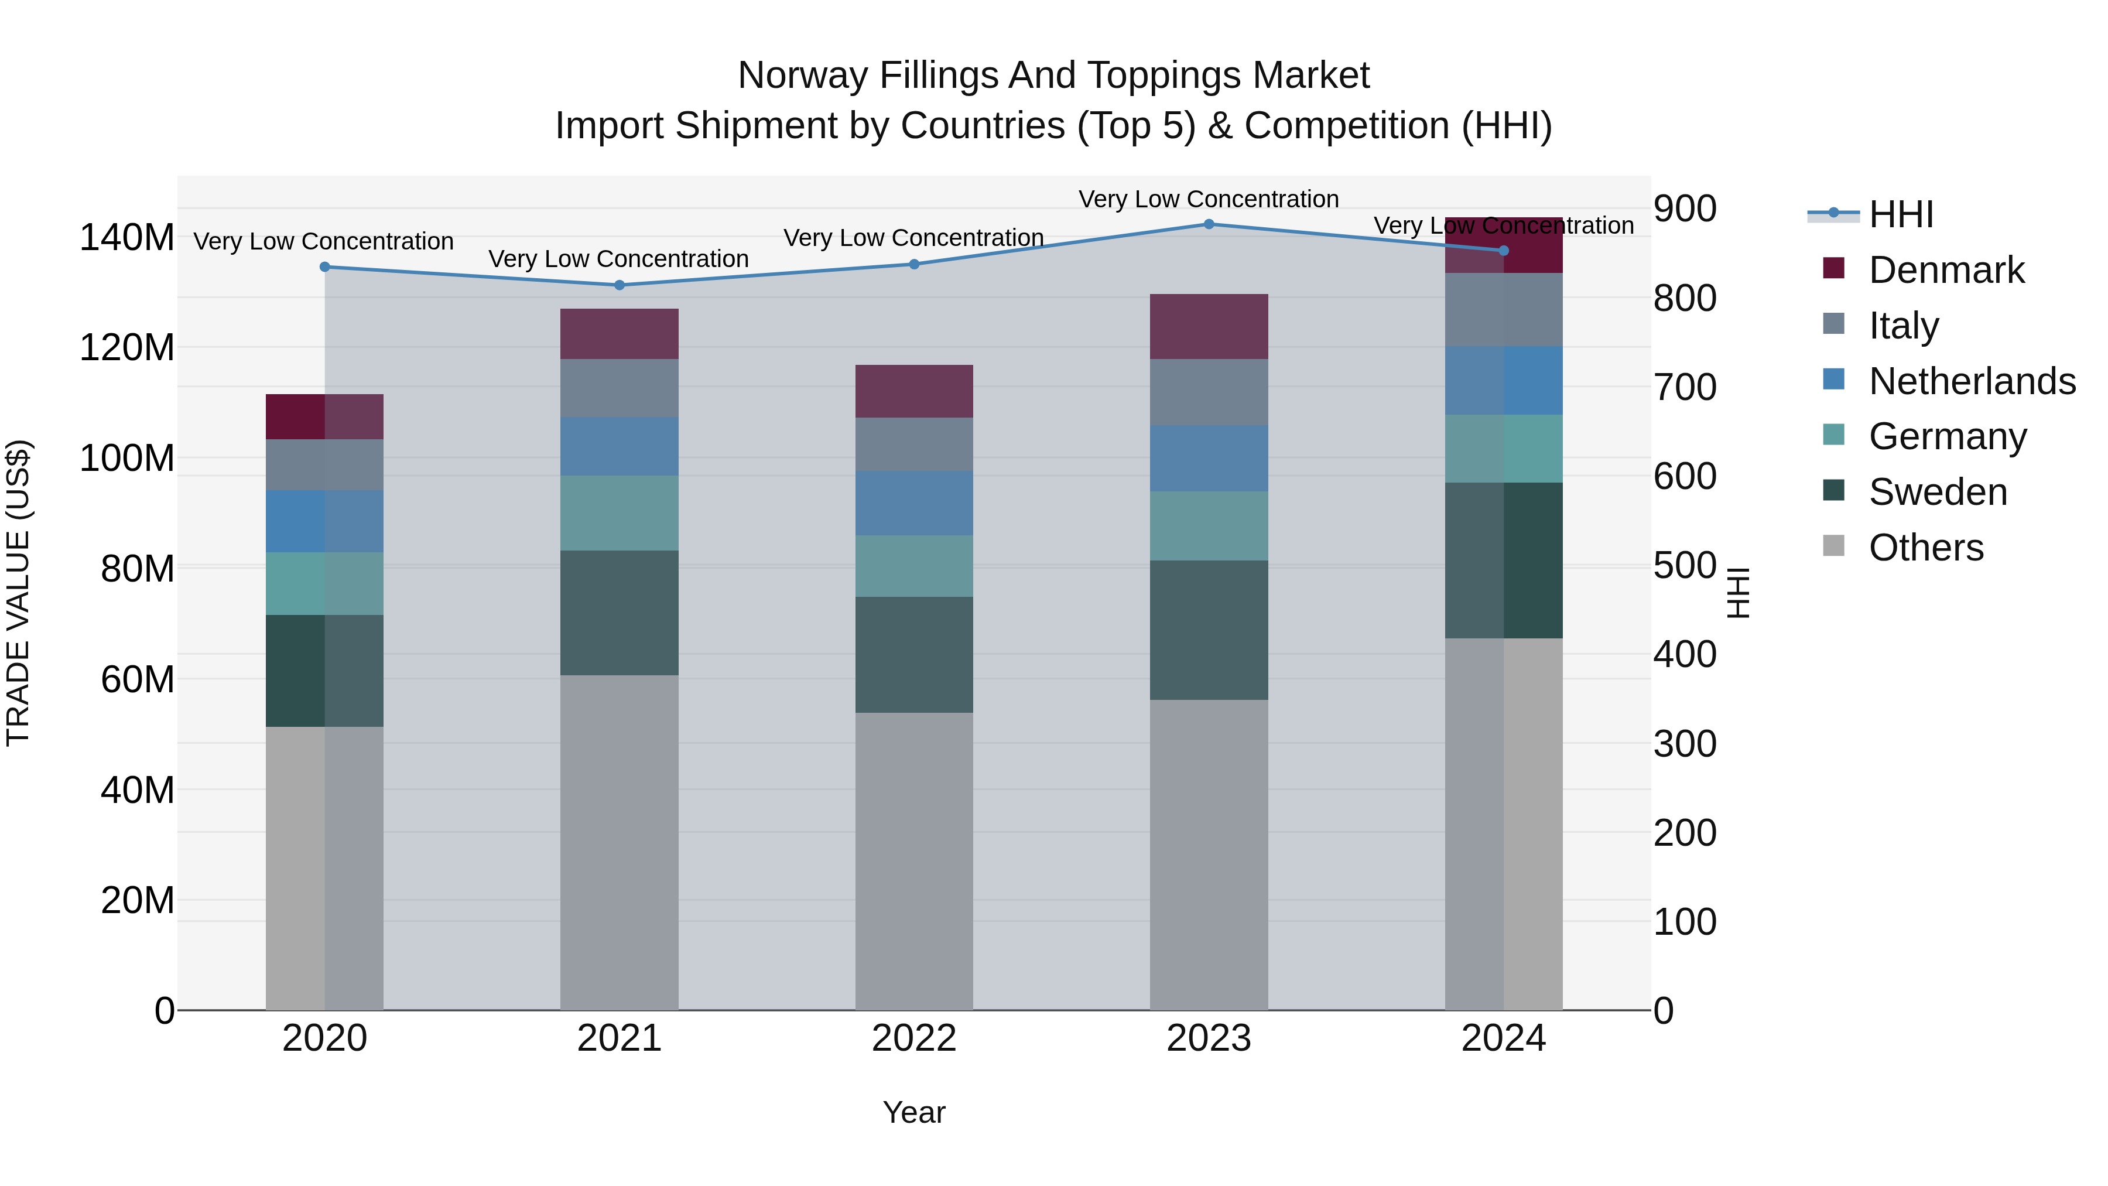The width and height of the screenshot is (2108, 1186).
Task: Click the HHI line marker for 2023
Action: (x=1209, y=224)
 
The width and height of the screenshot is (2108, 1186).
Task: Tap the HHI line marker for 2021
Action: (x=620, y=285)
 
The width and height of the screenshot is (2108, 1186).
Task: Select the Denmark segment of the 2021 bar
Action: (x=620, y=334)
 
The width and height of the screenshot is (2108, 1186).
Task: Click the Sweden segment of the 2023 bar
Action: (x=1209, y=630)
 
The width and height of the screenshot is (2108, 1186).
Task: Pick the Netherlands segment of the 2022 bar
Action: (x=914, y=503)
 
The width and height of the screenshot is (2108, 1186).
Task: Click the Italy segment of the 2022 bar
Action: (x=914, y=445)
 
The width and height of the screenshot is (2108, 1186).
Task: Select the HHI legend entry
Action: (x=1900, y=214)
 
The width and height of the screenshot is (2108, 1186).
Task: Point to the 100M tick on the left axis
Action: (x=127, y=459)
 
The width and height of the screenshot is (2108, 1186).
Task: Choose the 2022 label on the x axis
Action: (x=914, y=1038)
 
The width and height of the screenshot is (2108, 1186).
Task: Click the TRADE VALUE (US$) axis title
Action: (x=18, y=593)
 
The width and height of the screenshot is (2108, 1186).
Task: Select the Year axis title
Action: (x=914, y=1112)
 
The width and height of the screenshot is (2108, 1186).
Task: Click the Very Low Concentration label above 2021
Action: (x=619, y=259)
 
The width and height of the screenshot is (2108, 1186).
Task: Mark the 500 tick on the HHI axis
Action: (x=1684, y=566)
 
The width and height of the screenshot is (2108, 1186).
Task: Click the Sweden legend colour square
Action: (x=1834, y=490)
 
